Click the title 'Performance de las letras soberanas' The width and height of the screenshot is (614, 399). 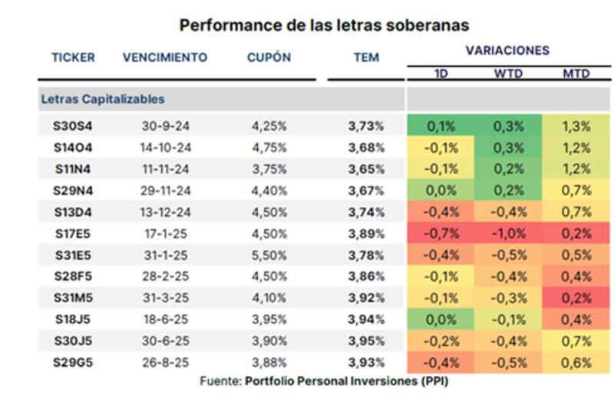tap(324, 25)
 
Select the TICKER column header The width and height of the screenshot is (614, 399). tap(73, 58)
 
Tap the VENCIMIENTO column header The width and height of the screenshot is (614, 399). tap(164, 58)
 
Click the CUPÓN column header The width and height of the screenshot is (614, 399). tap(269, 58)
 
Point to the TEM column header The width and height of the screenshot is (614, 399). tap(366, 58)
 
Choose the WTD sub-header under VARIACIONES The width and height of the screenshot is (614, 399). tap(508, 75)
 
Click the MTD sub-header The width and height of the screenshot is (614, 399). tap(576, 75)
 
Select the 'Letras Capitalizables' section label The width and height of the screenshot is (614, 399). tap(103, 99)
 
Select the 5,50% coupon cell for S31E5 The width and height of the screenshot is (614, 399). tap(269, 255)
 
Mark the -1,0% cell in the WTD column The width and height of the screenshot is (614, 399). tap(508, 234)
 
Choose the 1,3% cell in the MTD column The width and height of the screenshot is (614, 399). tap(576, 127)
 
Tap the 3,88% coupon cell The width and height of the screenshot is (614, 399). tap(269, 362)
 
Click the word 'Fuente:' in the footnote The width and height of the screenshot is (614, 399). tap(220, 381)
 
